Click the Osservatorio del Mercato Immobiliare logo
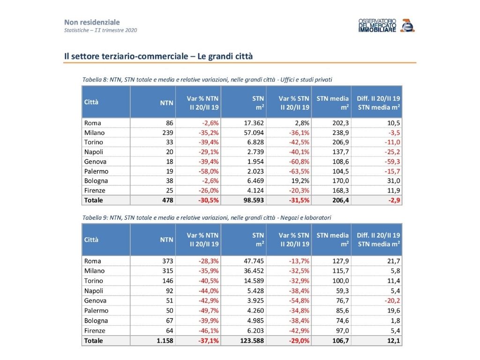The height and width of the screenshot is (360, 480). [387, 25]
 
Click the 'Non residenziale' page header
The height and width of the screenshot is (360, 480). [92, 22]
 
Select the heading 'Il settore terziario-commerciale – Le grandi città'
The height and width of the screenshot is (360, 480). [158, 56]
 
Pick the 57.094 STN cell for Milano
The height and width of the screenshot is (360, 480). [254, 133]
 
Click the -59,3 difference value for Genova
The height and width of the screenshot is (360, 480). [392, 162]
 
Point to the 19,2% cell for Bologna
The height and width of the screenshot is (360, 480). [300, 180]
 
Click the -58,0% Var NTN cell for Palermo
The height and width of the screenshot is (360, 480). [209, 171]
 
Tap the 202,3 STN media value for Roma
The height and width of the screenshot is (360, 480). [340, 123]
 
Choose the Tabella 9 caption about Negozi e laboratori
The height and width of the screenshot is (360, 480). [207, 217]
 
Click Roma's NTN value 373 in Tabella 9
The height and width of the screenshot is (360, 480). [168, 261]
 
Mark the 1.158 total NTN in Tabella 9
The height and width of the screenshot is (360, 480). [165, 341]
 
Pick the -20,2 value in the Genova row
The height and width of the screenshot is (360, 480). [392, 300]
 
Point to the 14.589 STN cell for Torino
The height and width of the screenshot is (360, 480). [254, 281]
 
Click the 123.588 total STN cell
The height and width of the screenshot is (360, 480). [252, 341]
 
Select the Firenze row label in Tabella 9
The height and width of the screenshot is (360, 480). [95, 330]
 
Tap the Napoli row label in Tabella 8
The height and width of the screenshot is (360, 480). [94, 152]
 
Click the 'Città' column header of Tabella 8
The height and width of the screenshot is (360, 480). [91, 102]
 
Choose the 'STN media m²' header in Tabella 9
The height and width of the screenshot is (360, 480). [332, 240]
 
